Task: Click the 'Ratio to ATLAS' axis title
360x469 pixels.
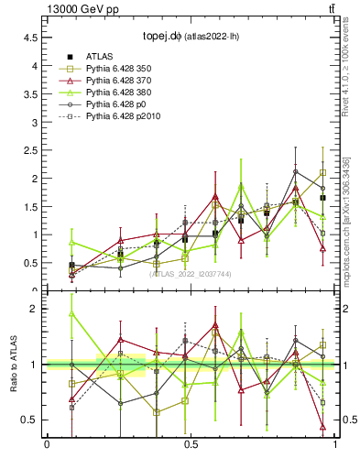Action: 14,365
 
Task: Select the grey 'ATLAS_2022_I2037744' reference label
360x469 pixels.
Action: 191,274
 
